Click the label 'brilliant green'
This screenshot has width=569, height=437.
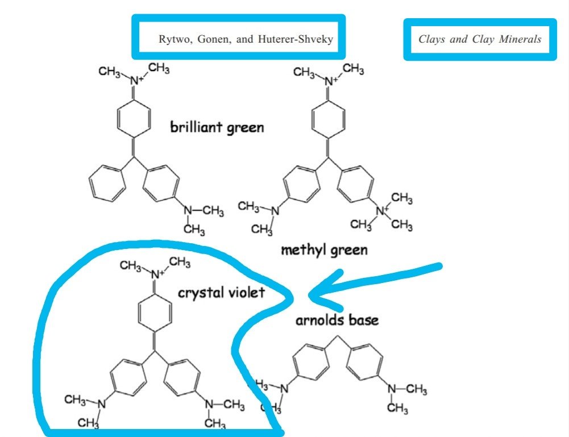tap(217, 127)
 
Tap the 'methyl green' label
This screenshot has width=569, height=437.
tap(324, 249)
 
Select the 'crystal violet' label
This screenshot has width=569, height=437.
tap(221, 293)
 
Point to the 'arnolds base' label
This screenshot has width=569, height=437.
tap(337, 320)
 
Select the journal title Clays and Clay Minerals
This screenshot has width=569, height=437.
tap(480, 40)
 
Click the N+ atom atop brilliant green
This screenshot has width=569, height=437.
tap(134, 81)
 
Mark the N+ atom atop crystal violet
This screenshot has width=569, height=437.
tap(155, 273)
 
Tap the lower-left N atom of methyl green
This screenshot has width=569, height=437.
tap(275, 211)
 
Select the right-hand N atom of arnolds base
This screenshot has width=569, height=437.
tap(392, 389)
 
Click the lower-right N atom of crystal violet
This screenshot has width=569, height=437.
tap(209, 404)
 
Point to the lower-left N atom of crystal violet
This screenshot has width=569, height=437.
tap(102, 404)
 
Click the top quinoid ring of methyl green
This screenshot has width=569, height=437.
tap(329, 118)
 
